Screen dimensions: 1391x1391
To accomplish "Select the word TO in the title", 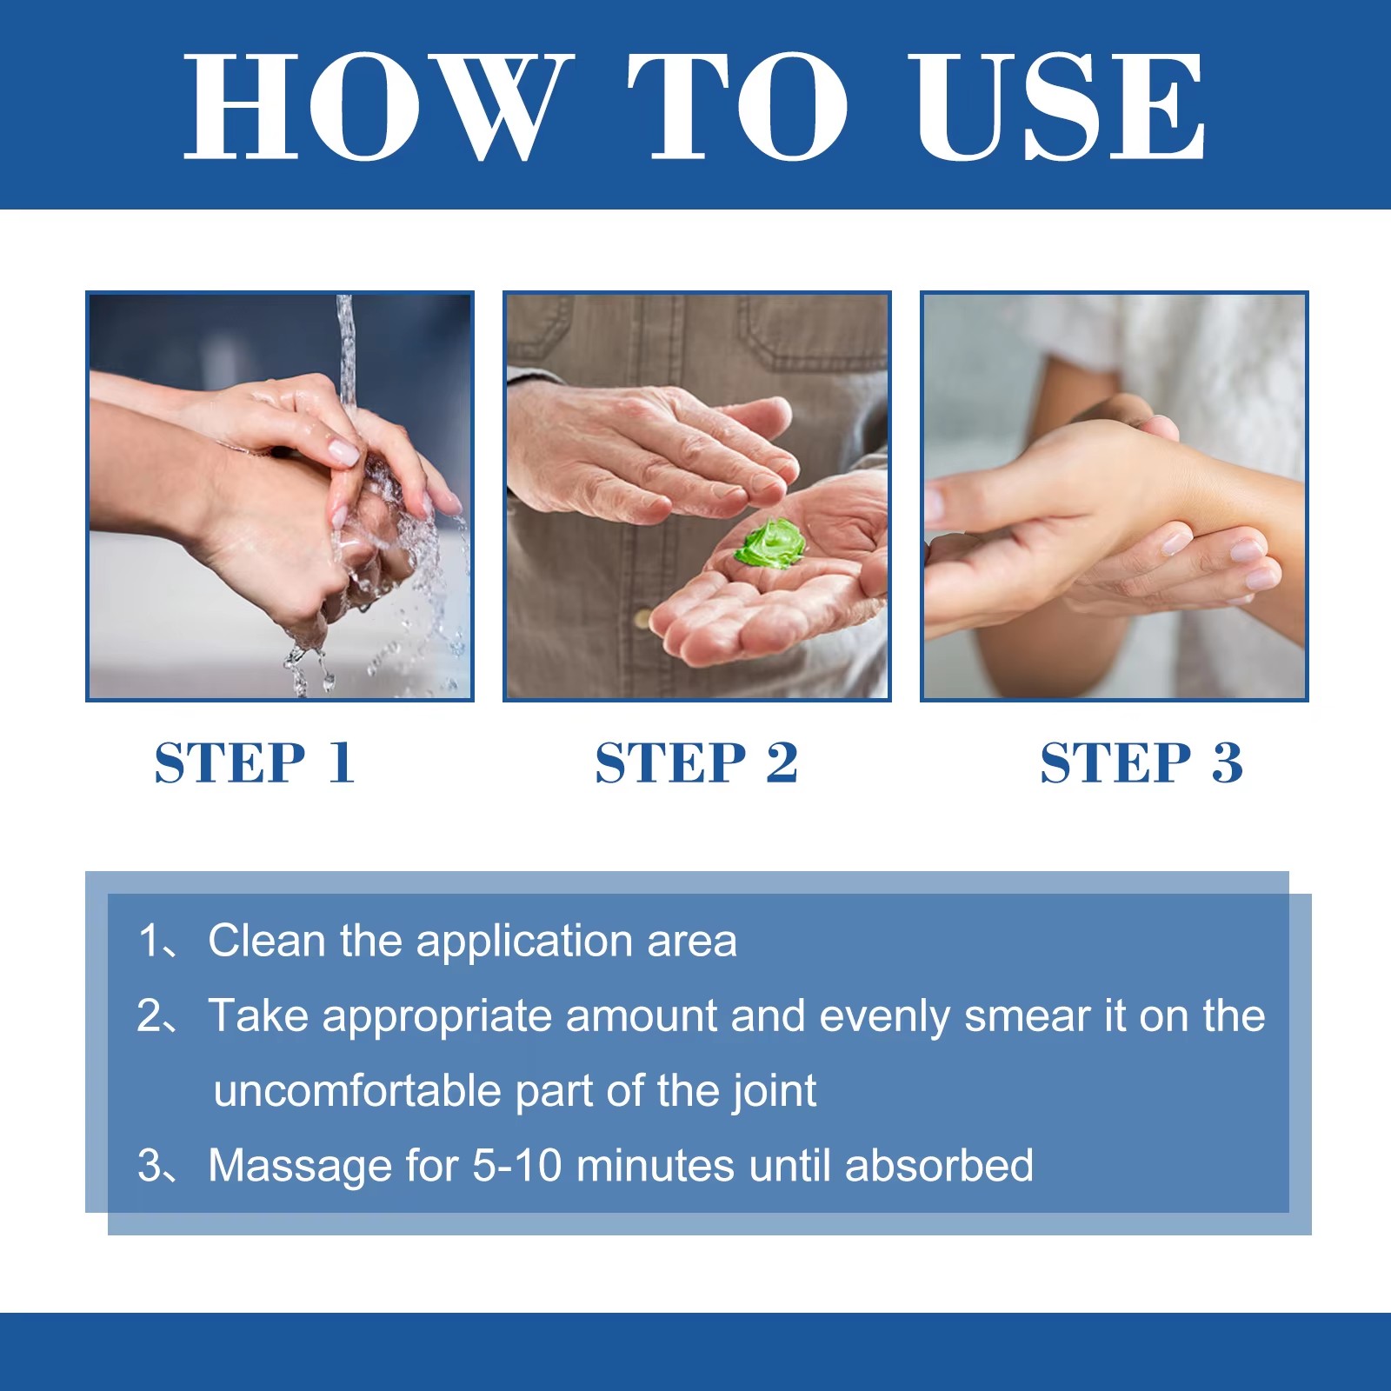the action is [738, 106].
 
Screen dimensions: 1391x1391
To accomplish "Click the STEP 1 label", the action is [255, 762].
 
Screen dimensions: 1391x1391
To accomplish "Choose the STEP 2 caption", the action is [696, 762].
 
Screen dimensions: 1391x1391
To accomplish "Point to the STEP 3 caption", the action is [1141, 762].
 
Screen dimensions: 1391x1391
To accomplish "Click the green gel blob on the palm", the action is [770, 543].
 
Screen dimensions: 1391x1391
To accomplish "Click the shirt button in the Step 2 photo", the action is [643, 619].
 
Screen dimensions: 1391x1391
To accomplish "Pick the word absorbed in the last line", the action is [939, 1166].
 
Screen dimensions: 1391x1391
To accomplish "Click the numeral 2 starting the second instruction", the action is [149, 1015].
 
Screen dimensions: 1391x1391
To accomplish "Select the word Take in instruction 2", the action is [258, 1015].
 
